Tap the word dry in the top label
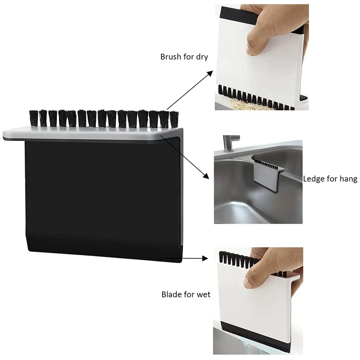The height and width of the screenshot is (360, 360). point(202,57)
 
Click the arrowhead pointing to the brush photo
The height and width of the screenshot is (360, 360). point(209,74)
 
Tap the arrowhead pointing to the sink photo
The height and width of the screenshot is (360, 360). point(205,175)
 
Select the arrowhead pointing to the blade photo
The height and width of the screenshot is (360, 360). point(205,258)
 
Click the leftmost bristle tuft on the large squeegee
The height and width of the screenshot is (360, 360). point(33,118)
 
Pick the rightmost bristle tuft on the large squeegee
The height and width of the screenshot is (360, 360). point(174,119)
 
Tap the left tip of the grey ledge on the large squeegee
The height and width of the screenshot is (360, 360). point(3,135)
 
